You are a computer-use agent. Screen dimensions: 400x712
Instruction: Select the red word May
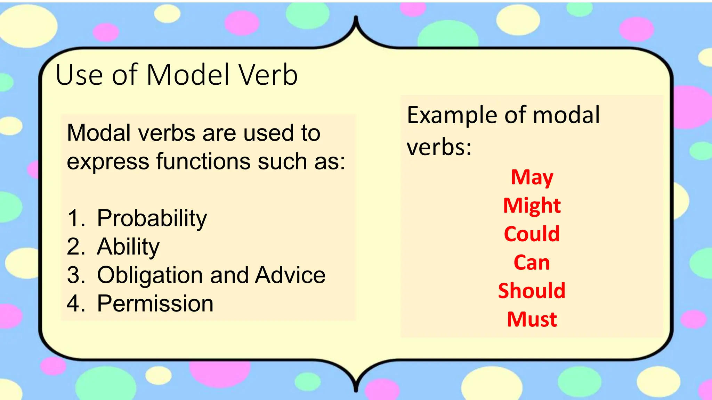click(532, 178)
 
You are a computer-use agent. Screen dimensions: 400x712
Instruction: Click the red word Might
click(532, 206)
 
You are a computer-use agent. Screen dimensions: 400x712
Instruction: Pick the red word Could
click(532, 234)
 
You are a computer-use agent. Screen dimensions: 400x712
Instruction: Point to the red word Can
click(532, 262)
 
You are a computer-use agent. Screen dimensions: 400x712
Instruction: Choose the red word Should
click(532, 291)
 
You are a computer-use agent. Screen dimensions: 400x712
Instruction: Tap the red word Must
click(532, 319)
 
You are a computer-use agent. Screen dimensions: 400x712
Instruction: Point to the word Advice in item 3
click(290, 275)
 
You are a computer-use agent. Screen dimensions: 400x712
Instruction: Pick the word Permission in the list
click(155, 303)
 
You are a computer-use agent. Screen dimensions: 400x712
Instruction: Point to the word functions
click(203, 161)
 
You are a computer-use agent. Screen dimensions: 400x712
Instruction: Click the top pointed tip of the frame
click(356, 17)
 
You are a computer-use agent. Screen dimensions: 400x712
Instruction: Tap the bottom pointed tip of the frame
click(356, 391)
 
